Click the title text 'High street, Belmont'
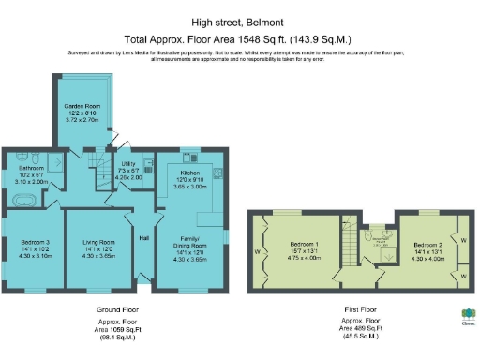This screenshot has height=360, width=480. click(x=239, y=21)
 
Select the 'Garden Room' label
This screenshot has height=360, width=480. click(x=80, y=108)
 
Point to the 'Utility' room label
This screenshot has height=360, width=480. click(x=129, y=163)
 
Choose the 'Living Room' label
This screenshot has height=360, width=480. click(x=97, y=242)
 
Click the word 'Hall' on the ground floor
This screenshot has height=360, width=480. click(x=144, y=238)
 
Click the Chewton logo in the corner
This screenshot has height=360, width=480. click(x=466, y=316)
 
